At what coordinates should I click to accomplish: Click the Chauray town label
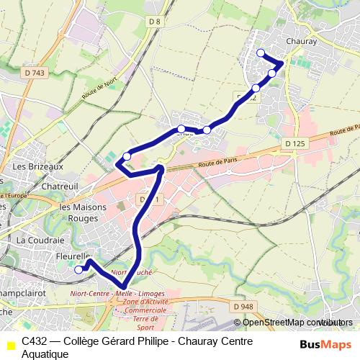[x=301, y=42]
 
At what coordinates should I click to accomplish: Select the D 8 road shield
[x=155, y=22]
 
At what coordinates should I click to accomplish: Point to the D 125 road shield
[x=295, y=145]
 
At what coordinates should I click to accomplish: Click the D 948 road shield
[x=243, y=306]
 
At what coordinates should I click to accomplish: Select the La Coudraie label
[x=41, y=239]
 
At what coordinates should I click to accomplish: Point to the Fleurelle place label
[x=72, y=256]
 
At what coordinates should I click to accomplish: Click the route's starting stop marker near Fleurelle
[x=78, y=270]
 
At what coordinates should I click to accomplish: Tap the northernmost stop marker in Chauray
[x=261, y=53]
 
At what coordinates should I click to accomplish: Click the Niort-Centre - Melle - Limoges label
[x=117, y=294]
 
